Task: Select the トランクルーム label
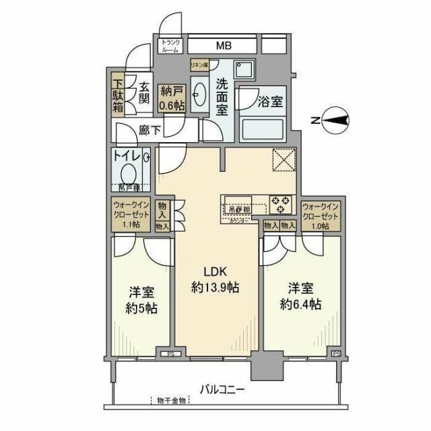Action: click(170, 46)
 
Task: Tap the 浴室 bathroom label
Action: click(269, 102)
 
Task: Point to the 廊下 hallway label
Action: click(150, 130)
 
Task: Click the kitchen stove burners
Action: click(280, 201)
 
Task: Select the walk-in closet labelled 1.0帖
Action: click(321, 216)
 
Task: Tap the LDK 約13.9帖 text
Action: click(215, 279)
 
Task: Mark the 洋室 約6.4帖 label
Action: click(298, 296)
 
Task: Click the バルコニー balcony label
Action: click(222, 389)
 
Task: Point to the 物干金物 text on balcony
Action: click(171, 401)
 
